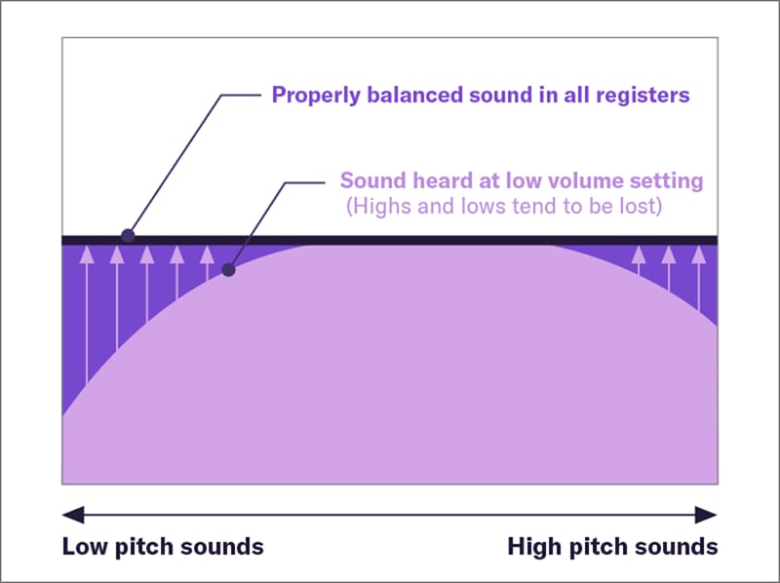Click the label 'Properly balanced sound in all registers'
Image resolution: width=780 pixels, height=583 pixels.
click(481, 95)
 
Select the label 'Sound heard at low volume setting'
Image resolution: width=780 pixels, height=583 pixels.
click(522, 180)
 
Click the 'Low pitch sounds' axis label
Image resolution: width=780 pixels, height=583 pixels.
click(163, 546)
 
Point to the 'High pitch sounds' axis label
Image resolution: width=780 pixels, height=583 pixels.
click(612, 546)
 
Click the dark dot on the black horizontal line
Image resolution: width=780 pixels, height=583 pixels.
click(127, 236)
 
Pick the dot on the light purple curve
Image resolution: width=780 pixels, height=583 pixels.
click(229, 270)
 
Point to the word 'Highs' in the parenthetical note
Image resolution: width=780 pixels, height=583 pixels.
click(376, 208)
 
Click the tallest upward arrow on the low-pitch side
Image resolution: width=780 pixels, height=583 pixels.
click(87, 312)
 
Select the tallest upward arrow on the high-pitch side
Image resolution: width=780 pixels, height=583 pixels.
click(699, 278)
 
